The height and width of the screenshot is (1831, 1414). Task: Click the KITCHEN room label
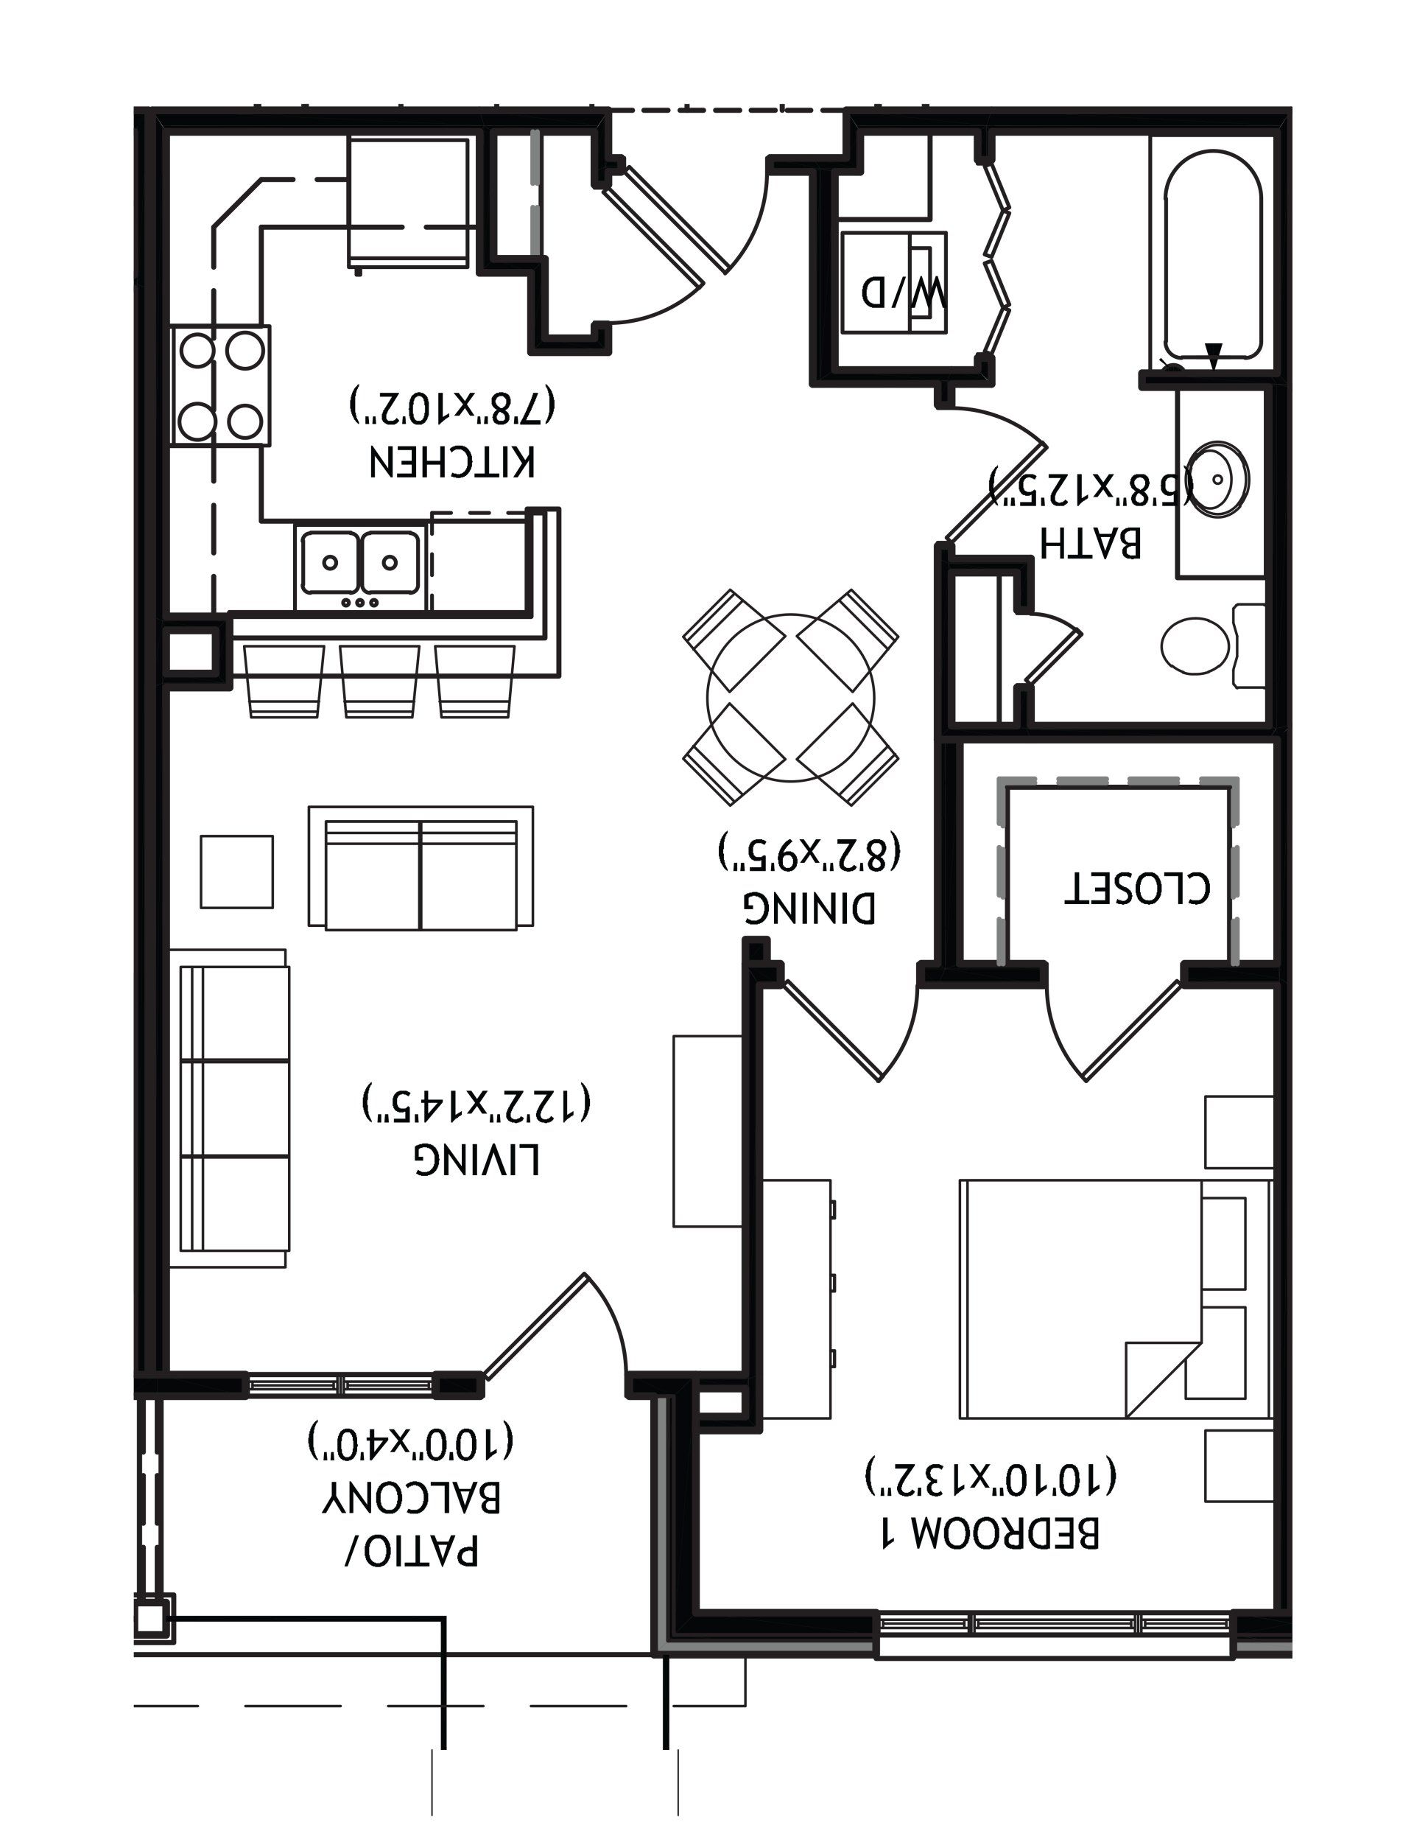point(453,463)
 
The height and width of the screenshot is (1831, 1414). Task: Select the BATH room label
point(1091,543)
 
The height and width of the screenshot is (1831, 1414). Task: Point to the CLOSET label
point(1137,889)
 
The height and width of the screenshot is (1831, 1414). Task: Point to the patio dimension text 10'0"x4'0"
point(411,1441)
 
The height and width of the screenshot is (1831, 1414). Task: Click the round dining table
point(790,698)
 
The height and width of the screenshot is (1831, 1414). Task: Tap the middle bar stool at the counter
point(379,681)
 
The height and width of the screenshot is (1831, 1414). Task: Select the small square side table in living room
point(236,871)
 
